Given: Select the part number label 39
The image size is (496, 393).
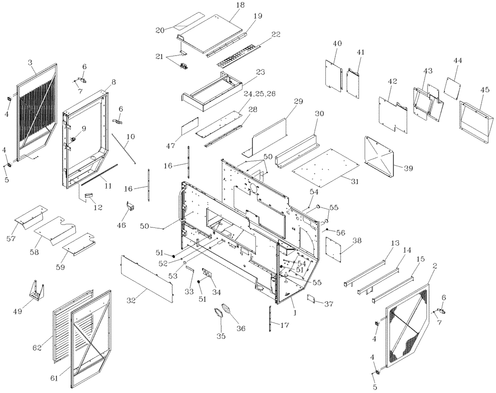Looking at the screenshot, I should click(408, 169).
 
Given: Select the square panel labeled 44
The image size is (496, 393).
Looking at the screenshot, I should click(454, 88).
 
